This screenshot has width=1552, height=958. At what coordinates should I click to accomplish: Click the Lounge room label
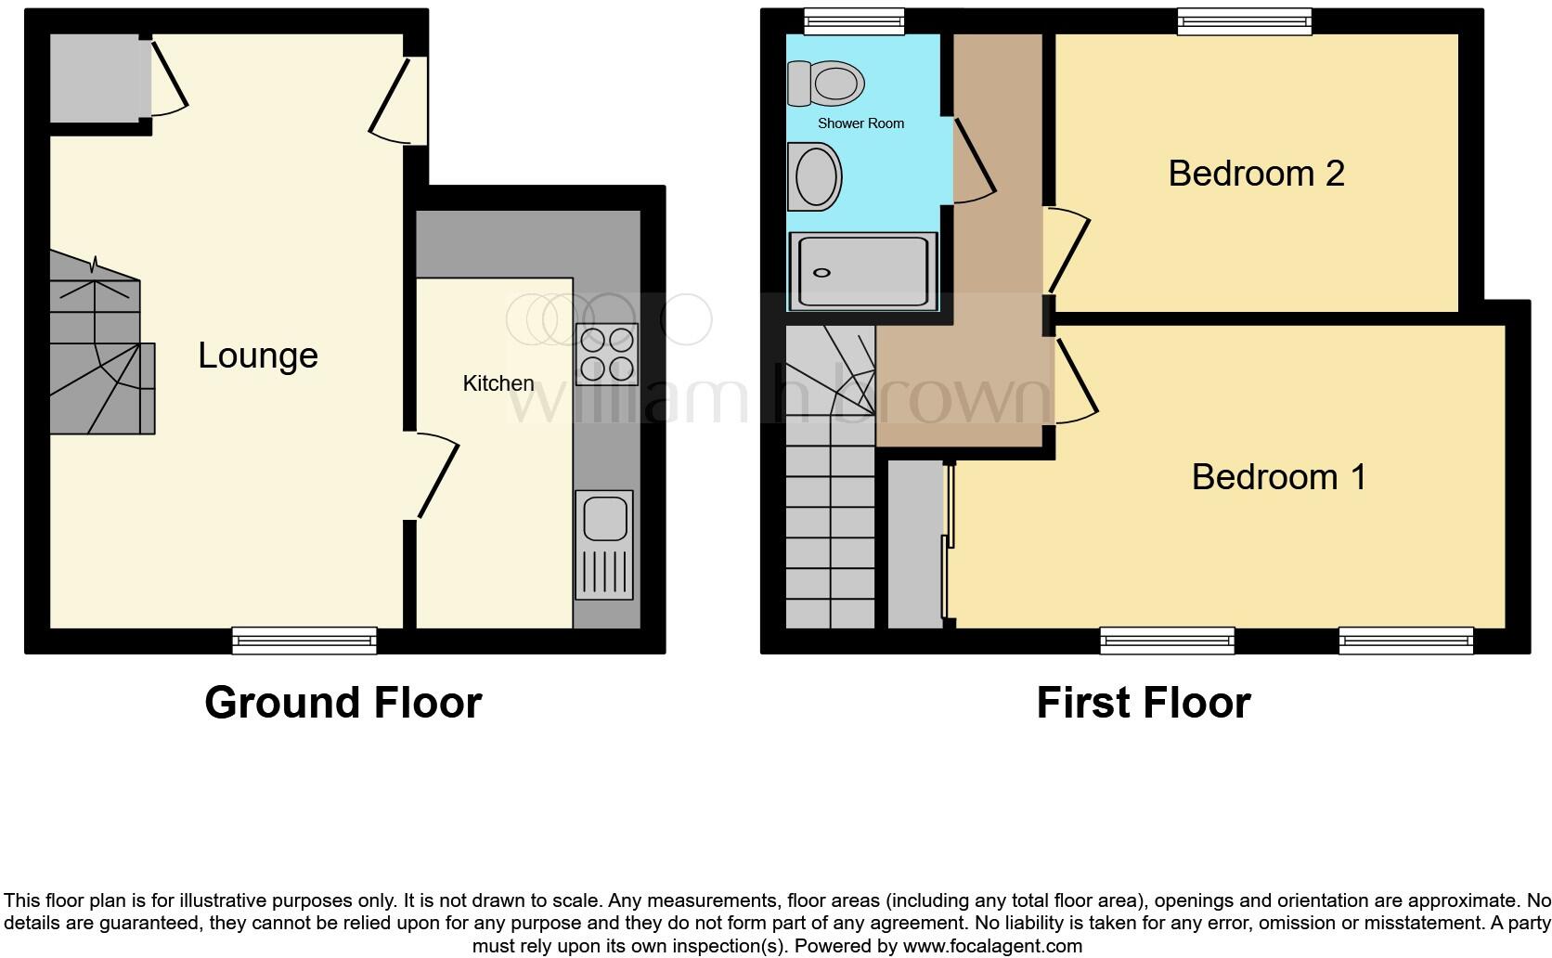click(x=258, y=356)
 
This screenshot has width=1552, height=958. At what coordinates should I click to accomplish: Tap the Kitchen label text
click(x=498, y=383)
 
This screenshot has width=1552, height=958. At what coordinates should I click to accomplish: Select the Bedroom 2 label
click(x=1256, y=174)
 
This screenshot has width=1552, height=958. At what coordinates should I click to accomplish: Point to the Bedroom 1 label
click(x=1278, y=477)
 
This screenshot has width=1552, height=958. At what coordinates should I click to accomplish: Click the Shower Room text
click(x=860, y=123)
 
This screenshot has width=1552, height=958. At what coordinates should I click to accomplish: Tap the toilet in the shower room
click(x=824, y=83)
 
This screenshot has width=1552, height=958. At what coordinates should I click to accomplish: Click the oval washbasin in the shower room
click(x=814, y=176)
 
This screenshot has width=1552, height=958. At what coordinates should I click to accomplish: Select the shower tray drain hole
click(x=821, y=273)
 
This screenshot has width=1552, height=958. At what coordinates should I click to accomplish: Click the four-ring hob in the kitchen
click(x=607, y=354)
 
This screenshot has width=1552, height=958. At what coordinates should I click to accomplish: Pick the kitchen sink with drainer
click(x=603, y=544)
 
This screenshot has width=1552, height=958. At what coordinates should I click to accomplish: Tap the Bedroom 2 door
click(x=1068, y=251)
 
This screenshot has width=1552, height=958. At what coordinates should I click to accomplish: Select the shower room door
click(x=973, y=160)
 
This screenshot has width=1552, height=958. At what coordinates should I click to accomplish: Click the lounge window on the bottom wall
click(x=304, y=640)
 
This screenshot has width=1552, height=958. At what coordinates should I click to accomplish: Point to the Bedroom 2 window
click(x=1244, y=21)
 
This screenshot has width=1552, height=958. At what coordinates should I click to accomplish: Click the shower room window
click(x=854, y=20)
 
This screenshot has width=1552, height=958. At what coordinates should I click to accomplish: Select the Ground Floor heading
click(x=343, y=703)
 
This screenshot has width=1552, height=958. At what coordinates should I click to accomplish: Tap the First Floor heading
click(x=1143, y=703)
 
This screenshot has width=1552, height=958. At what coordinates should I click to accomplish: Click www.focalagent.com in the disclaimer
click(x=992, y=947)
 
